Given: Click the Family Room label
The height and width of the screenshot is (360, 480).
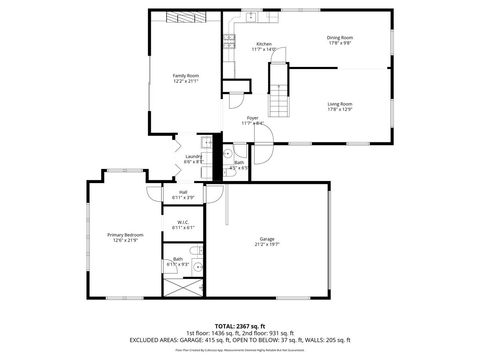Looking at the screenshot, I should (x=186, y=75).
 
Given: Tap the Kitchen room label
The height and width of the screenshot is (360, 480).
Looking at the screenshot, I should (x=264, y=44).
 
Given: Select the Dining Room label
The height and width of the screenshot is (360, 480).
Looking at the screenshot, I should (x=340, y=37).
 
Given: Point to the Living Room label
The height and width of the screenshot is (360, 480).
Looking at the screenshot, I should (x=340, y=103).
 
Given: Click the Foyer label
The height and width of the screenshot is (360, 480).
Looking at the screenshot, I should (x=254, y=118).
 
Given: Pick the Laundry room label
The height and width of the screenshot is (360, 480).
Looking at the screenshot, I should (x=194, y=156).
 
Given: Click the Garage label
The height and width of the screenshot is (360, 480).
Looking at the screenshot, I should (x=267, y=238).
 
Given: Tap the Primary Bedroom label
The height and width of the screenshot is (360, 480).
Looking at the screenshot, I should (x=123, y=235).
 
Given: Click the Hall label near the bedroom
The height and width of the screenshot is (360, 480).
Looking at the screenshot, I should (x=184, y=192).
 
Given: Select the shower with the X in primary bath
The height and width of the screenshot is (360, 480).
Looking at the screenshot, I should (x=183, y=285).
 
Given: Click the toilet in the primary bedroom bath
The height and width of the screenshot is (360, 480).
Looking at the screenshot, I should (x=198, y=268).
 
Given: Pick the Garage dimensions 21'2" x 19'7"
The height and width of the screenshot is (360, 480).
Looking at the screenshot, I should (x=267, y=243).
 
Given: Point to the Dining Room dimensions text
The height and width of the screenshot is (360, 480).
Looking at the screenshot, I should (x=340, y=43).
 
